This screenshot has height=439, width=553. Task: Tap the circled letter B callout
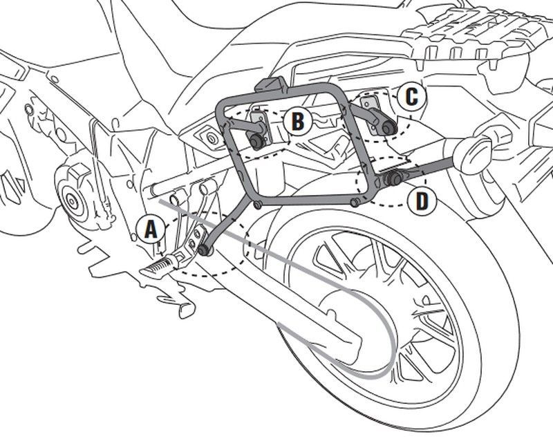(x=297, y=122)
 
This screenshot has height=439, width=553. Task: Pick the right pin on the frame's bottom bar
(x=355, y=202)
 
